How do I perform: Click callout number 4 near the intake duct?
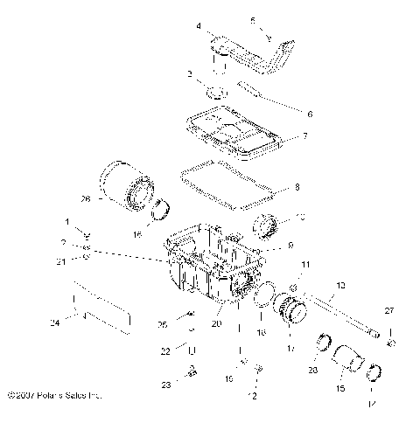click(x=199, y=26)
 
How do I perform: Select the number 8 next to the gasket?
click(x=297, y=186)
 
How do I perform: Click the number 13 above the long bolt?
click(x=340, y=285)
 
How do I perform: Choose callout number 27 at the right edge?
click(x=391, y=310)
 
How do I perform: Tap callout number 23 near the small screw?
click(x=166, y=385)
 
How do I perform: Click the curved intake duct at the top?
click(x=254, y=55)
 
